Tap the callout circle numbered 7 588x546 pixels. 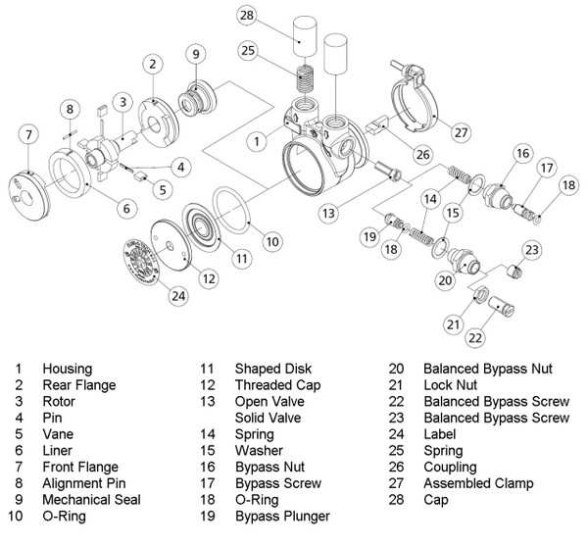pyautogui.click(x=28, y=133)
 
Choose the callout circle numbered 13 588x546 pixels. pyautogui.click(x=330, y=210)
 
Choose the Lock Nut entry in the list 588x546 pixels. pyautogui.click(x=451, y=385)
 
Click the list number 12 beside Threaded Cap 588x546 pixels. pyautogui.click(x=208, y=385)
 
